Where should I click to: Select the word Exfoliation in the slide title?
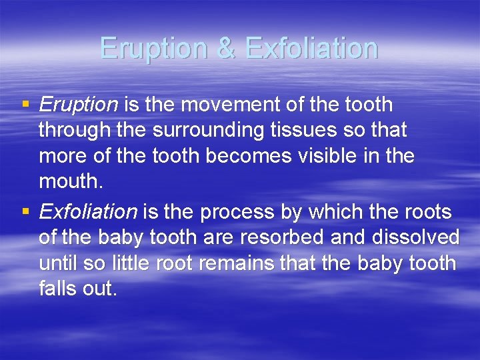tap(311, 48)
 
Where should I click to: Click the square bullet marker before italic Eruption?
tap(26, 105)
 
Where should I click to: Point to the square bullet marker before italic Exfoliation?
tap(26, 212)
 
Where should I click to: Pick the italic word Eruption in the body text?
tap(79, 105)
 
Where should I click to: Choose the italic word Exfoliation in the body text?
tap(88, 212)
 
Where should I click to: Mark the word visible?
tap(337, 157)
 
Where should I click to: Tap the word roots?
tap(427, 212)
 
